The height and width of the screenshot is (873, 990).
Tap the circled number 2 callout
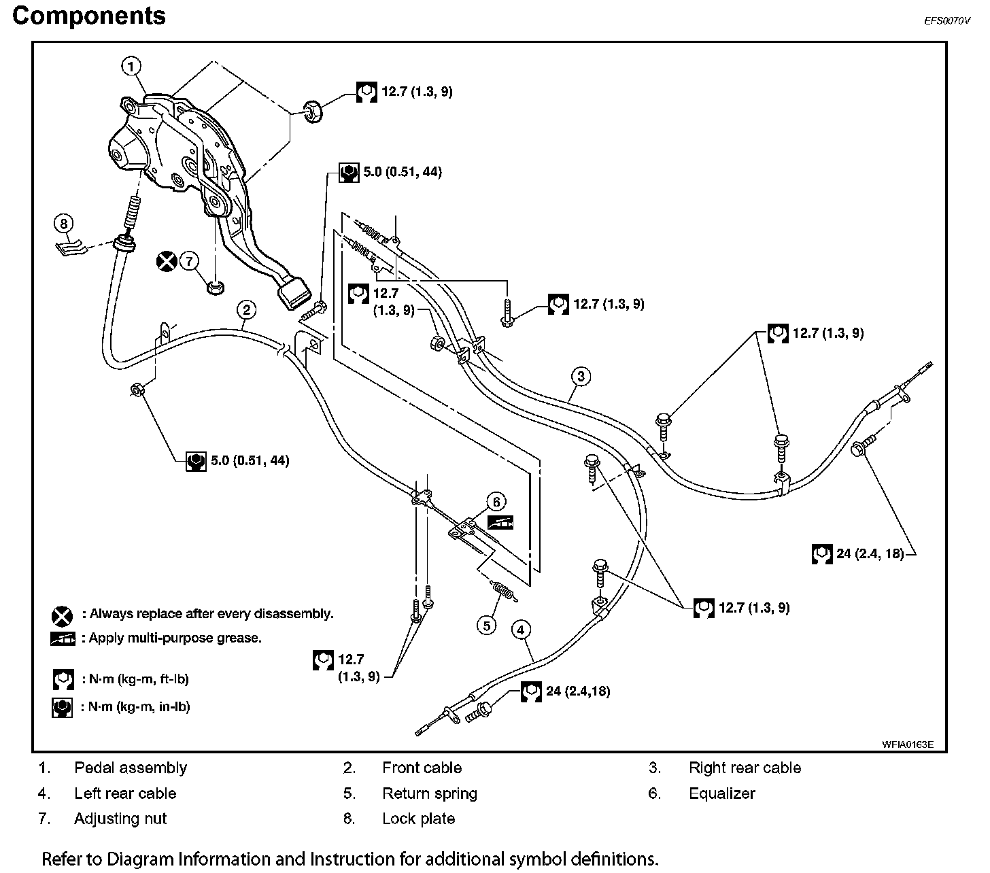point(247,310)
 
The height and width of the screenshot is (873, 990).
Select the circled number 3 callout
point(580,376)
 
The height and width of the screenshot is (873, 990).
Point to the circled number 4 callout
point(520,630)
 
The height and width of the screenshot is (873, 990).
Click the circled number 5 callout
point(487,625)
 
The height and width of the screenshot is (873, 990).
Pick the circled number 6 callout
point(496,502)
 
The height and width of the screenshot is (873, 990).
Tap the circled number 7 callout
point(189,260)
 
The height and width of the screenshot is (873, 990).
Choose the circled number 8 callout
point(63,223)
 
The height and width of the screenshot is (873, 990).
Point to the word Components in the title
point(89,16)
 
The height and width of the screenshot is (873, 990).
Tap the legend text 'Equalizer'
point(721,793)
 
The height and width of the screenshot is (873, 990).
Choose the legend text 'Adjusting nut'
point(120,819)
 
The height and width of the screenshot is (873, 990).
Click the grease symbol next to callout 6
point(500,522)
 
